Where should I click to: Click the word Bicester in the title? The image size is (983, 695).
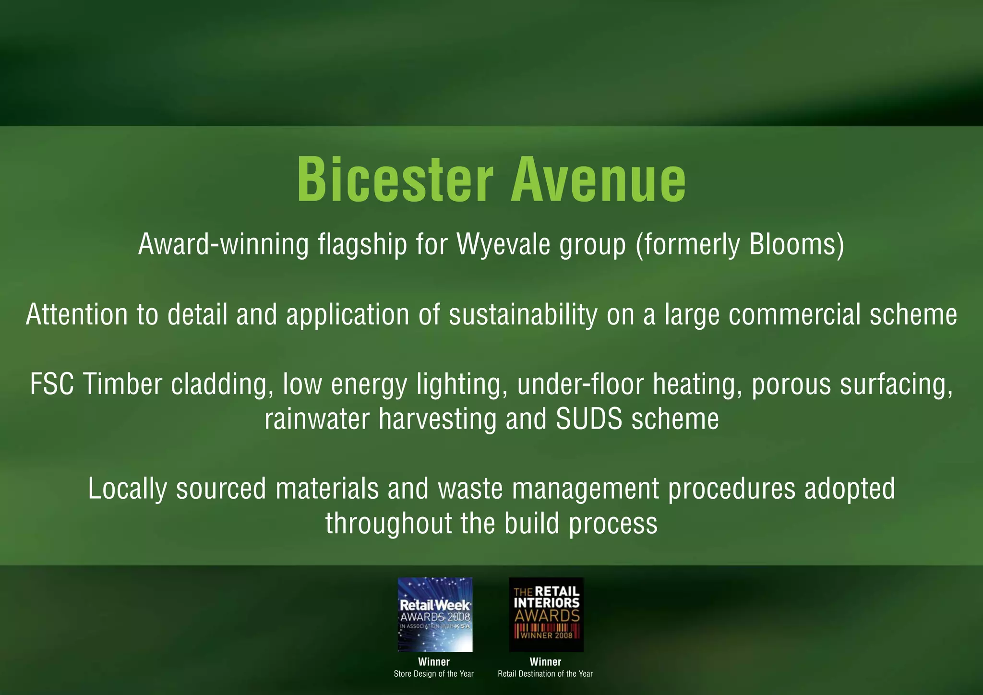click(395, 180)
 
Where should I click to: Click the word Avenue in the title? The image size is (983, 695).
click(598, 180)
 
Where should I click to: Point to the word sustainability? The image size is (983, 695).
click(523, 315)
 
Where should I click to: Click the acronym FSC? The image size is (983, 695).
click(52, 384)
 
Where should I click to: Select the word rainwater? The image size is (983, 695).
click(317, 419)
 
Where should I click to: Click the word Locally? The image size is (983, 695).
click(128, 489)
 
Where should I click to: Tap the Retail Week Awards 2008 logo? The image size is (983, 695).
click(435, 614)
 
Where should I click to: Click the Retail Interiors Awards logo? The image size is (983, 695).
click(546, 614)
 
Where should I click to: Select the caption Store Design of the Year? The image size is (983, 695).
click(434, 674)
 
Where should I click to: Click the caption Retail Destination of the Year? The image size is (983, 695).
click(545, 674)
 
